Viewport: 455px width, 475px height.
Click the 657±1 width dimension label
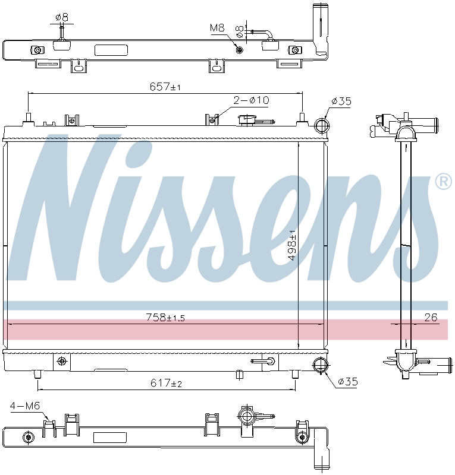click(x=165, y=87)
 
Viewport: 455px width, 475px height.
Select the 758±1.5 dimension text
click(x=165, y=318)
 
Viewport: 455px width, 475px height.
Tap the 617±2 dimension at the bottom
click(x=165, y=384)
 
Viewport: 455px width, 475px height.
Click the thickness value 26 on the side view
click(x=431, y=318)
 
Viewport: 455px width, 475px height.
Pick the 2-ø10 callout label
click(x=251, y=100)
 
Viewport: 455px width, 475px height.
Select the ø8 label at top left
click(x=61, y=17)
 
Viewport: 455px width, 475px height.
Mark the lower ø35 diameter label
click(x=347, y=382)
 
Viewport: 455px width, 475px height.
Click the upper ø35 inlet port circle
click(x=321, y=126)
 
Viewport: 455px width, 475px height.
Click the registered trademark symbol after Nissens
click(x=443, y=182)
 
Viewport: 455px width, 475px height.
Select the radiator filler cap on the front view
click(x=246, y=120)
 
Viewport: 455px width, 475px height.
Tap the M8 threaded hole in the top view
click(x=240, y=49)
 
